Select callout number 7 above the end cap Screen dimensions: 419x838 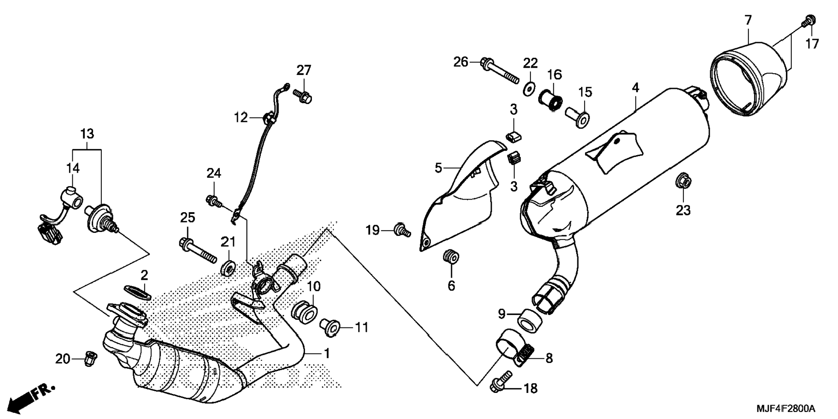(748, 20)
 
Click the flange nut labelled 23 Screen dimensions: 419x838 (683, 181)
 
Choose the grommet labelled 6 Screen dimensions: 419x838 (451, 257)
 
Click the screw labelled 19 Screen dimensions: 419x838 (402, 230)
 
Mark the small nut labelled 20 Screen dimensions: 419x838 (90, 358)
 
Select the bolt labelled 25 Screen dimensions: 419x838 (198, 250)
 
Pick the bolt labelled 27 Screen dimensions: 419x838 (303, 96)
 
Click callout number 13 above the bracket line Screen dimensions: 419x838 (87, 134)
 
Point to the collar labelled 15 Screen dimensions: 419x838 (577, 117)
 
